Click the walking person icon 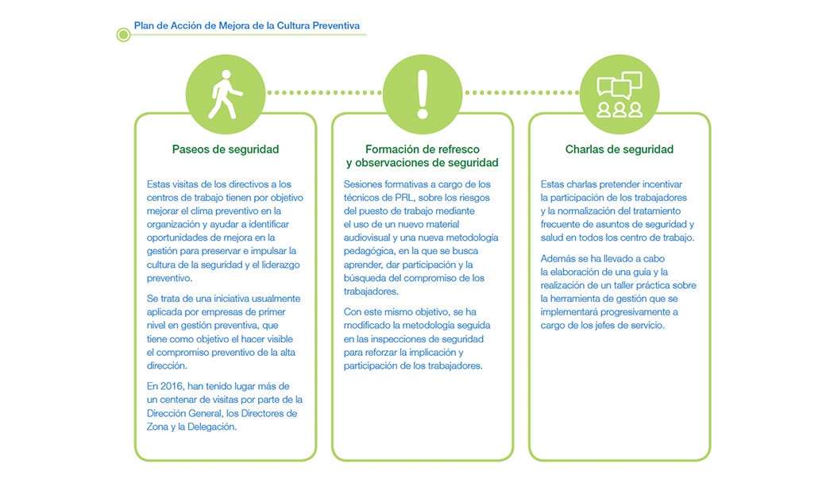(x=226, y=95)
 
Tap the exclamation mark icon (x=423, y=95)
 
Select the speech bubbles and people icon (x=619, y=95)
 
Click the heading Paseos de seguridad (x=226, y=149)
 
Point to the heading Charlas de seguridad (x=619, y=149)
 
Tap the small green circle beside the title (x=123, y=35)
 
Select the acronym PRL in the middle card (x=404, y=198)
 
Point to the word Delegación (x=212, y=427)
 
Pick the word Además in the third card (x=558, y=259)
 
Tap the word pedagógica (x=369, y=251)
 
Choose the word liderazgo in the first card (x=280, y=265)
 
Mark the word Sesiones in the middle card (x=363, y=184)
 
